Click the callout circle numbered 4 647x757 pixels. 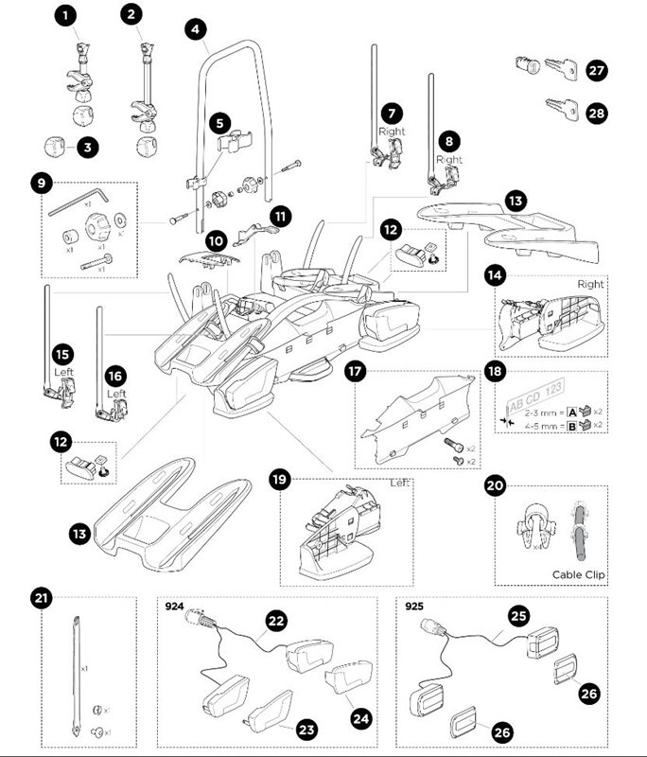click(x=195, y=29)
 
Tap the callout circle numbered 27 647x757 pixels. click(x=596, y=70)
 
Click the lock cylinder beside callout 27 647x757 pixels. click(x=524, y=66)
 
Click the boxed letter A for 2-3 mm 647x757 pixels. click(x=573, y=412)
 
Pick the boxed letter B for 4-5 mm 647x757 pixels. click(x=573, y=426)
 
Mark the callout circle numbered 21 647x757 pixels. click(x=42, y=598)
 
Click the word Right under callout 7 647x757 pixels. click(x=392, y=132)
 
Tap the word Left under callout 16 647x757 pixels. click(x=115, y=393)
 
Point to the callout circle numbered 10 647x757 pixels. click(x=216, y=240)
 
